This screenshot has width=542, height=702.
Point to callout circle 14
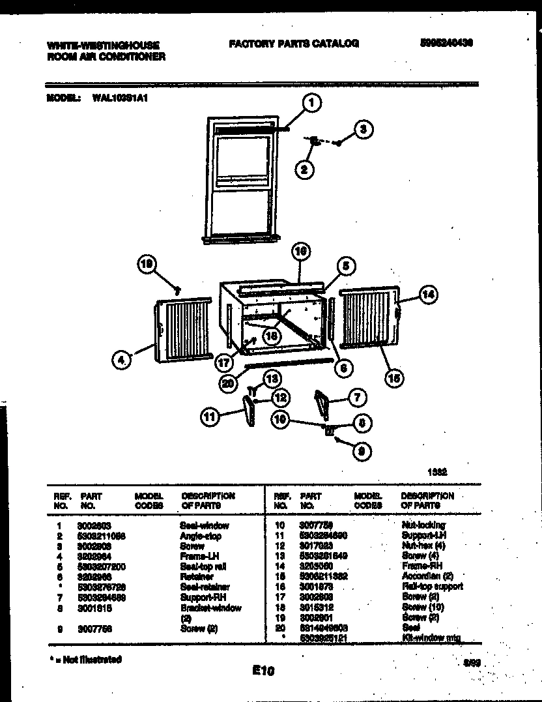coord(427,295)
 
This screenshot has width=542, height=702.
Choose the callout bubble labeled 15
coord(394,377)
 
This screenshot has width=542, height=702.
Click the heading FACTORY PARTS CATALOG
coord(293,44)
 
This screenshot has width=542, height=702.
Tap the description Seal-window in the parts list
coord(204,525)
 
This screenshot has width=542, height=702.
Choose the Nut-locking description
coord(423,525)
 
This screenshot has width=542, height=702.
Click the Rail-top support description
coord(431,587)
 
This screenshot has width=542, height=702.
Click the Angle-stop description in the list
coord(200,536)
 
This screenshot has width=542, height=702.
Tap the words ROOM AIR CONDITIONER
coord(106,57)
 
